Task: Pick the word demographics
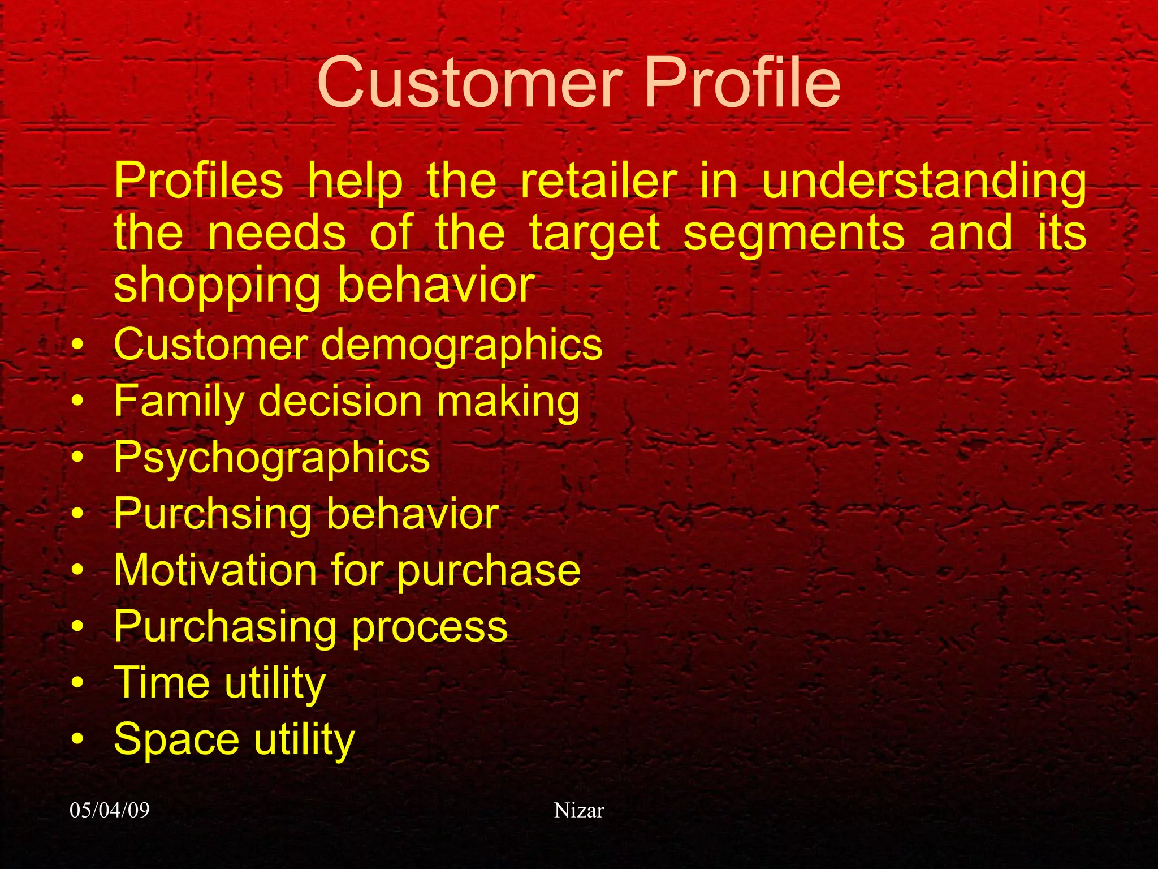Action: pos(461,346)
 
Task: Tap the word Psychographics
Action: pos(271,458)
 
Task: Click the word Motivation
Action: pos(215,570)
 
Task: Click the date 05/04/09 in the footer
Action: pos(110,810)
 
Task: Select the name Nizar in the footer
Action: pos(578,810)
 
